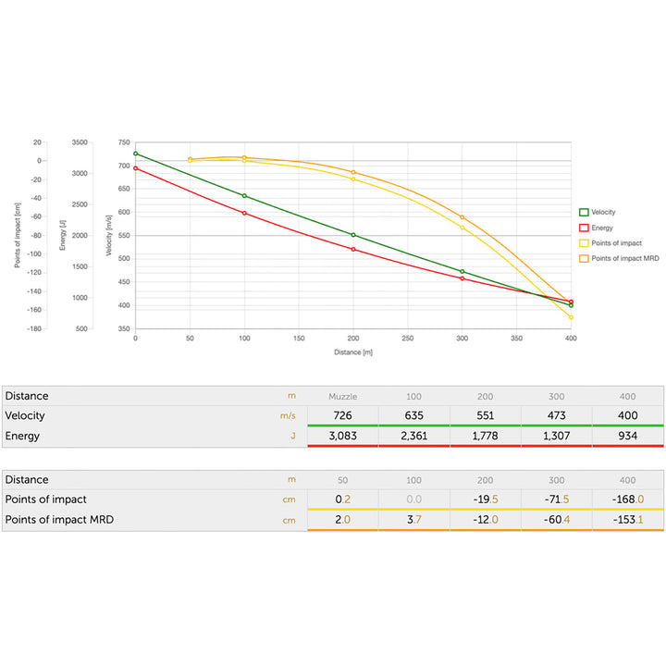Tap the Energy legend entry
600,228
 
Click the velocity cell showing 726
342,415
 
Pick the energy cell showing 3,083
342,436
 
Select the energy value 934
627,436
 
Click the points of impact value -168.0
627,499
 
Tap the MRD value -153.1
627,520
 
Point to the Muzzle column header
342,396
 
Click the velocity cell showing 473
556,415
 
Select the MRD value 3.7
413,520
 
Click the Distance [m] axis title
353,352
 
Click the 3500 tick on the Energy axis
79,142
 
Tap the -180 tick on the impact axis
33,328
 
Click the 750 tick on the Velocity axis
124,142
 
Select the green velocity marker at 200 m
353,235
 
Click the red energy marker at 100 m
244,213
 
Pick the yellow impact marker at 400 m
571,317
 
